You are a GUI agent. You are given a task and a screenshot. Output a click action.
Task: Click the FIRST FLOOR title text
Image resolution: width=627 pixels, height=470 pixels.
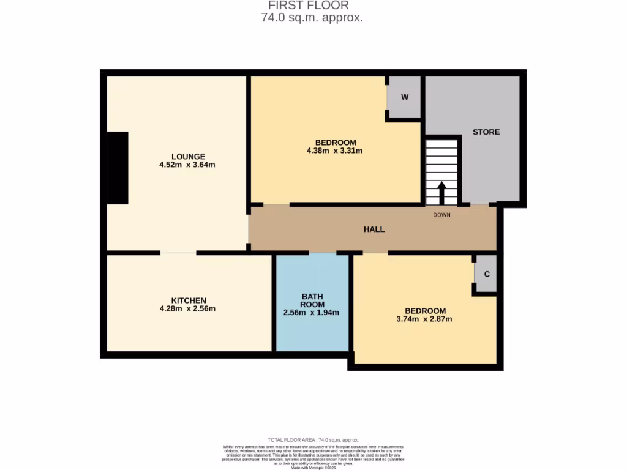pos(312,6)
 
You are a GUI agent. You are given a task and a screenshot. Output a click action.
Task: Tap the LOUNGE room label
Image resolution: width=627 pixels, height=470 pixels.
pos(188,156)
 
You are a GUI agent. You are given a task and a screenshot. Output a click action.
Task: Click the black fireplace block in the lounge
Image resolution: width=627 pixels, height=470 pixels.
pos(118,168)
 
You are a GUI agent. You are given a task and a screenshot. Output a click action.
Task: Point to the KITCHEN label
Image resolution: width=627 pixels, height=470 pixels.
pos(188,300)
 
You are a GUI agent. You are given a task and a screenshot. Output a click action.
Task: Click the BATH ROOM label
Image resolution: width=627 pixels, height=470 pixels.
pos(312,300)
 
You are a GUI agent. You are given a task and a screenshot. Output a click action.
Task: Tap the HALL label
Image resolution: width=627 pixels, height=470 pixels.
pos(374,229)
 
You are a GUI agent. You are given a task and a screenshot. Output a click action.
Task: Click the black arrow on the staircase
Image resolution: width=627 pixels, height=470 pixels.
pos(441,193)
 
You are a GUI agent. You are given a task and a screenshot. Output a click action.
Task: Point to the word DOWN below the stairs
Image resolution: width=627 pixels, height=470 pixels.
pos(441,215)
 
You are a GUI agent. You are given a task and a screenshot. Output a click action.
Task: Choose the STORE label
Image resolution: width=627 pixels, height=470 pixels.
pos(486,132)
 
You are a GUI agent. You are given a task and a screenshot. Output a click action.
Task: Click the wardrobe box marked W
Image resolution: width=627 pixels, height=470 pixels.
pos(404,97)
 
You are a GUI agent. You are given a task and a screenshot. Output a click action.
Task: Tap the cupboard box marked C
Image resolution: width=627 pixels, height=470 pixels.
pos(486,274)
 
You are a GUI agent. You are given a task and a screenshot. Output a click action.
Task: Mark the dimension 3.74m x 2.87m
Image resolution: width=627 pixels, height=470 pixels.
pos(424,319)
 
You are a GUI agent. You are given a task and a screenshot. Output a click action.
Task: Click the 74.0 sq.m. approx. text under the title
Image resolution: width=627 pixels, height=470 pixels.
pos(312,18)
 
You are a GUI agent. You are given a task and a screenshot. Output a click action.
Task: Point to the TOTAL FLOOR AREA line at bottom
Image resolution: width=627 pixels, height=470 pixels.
pos(313,440)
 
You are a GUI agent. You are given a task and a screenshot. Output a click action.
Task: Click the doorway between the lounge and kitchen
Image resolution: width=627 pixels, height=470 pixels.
pos(179,253)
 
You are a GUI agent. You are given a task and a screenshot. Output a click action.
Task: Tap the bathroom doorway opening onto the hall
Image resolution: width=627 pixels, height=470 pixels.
pos(323,253)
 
